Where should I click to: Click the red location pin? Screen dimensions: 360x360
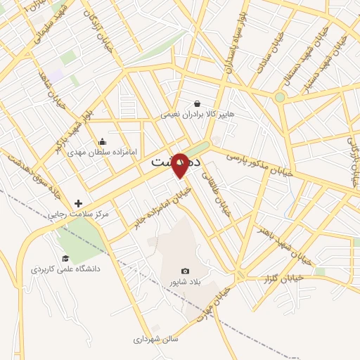pos(180,167)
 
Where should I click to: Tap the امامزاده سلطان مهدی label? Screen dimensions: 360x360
pos(103,152)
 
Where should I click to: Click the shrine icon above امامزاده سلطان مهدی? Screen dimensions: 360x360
pos(103,141)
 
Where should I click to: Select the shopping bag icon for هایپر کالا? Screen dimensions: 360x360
pos(197,103)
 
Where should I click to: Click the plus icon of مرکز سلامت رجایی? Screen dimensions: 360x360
pos(78,203)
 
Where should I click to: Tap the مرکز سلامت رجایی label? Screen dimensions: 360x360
pos(76,214)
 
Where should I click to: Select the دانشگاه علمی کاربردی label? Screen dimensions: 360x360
pos(66,269)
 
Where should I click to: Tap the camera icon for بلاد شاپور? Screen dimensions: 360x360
pos(186,271)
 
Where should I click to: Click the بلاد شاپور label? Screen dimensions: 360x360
pos(186,282)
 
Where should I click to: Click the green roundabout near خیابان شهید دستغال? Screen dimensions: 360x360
pos(280,97)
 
